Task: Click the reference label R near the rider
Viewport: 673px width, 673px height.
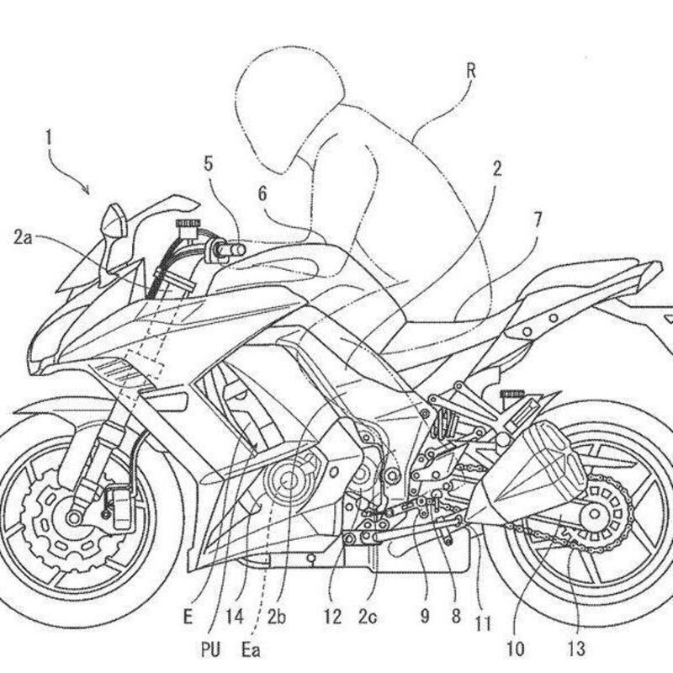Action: [470, 72]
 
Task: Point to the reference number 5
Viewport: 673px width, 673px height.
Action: [208, 165]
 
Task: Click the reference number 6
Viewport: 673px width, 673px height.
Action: [262, 193]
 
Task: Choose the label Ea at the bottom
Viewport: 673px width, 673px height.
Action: [251, 649]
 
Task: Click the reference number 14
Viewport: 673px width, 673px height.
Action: [236, 617]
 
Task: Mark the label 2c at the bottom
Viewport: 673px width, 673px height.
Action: [368, 617]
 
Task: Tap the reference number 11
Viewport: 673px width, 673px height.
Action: [483, 624]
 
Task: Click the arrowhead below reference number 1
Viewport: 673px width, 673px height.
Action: [87, 191]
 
